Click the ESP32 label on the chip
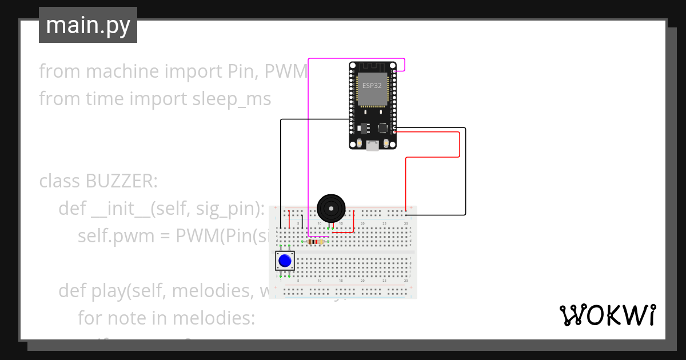[x=372, y=86]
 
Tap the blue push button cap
[x=285, y=261]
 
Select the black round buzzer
[x=331, y=207]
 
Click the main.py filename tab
[x=88, y=25]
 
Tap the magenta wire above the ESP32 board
[x=354, y=58]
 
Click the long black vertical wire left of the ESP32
[x=281, y=171]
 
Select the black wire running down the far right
[x=465, y=171]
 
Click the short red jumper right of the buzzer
[x=354, y=222]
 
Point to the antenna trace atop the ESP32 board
[x=372, y=66]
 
